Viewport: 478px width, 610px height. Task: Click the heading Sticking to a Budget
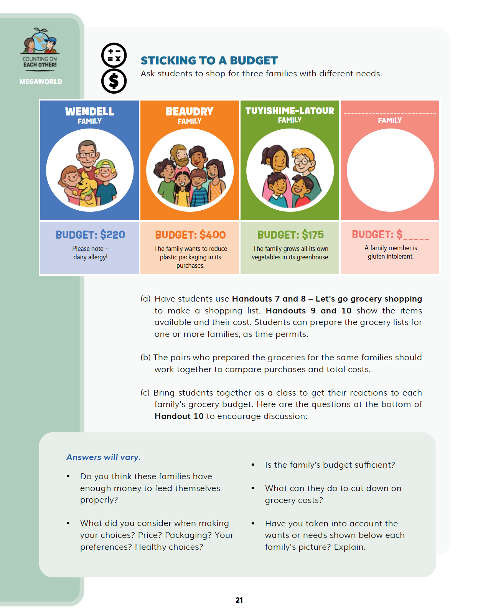tap(209, 61)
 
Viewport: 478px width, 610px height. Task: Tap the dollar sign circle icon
tap(114, 81)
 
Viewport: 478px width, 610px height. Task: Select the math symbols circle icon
tap(114, 55)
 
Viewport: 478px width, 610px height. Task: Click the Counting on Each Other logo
tap(40, 48)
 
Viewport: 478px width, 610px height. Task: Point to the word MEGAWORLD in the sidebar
tap(41, 82)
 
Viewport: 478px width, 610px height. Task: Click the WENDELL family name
tap(89, 112)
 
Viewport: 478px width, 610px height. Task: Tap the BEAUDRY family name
tap(190, 112)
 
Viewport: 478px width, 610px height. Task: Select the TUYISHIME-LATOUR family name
tap(290, 111)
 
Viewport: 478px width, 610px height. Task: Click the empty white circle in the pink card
tap(390, 170)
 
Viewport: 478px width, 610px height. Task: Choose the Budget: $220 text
tap(90, 235)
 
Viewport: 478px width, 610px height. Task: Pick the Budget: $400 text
tap(190, 235)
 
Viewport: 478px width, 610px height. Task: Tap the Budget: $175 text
tap(290, 235)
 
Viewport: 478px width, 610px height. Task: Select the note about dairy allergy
tap(91, 253)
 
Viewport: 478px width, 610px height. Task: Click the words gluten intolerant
tap(391, 256)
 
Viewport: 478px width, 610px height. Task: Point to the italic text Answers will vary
tap(104, 457)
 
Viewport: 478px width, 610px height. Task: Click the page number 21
tap(239, 600)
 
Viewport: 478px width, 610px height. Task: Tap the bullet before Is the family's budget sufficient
tap(253, 465)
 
